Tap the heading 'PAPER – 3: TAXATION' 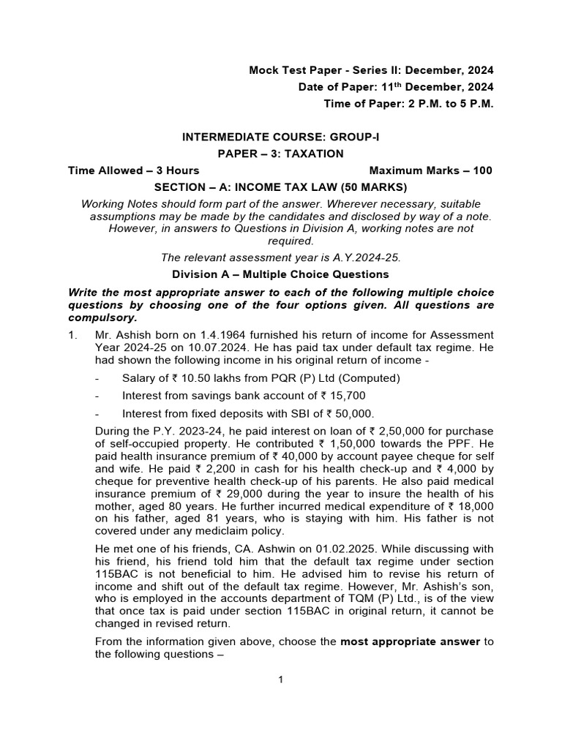pyautogui.click(x=280, y=154)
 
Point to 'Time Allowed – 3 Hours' pyautogui.click(x=133, y=170)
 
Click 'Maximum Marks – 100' pyautogui.click(x=431, y=170)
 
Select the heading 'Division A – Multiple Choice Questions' pyautogui.click(x=280, y=274)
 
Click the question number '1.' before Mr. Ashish pyautogui.click(x=72, y=334)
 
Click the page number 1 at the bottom pyautogui.click(x=280, y=680)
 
